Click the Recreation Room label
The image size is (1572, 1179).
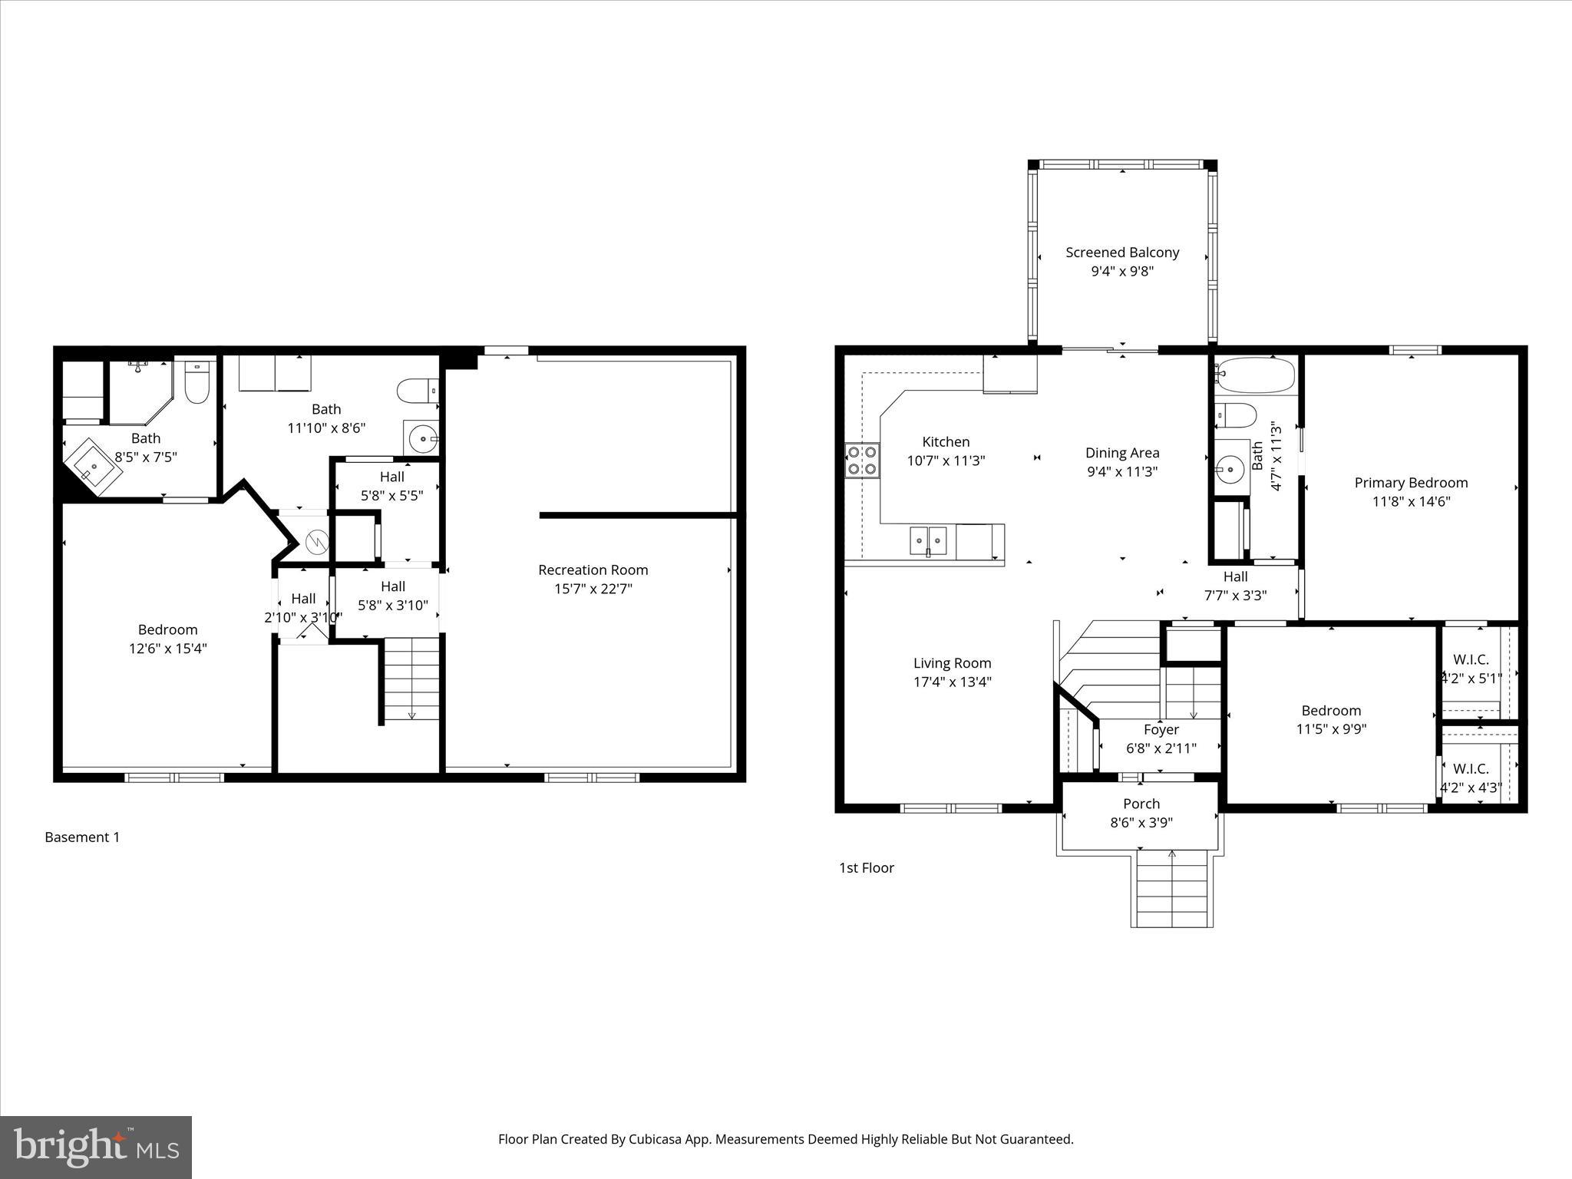[593, 570]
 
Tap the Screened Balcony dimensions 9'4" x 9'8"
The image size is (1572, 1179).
[1122, 271]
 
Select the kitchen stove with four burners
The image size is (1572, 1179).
[862, 461]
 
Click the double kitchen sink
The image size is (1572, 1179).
[928, 540]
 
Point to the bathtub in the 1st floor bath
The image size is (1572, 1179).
[1256, 375]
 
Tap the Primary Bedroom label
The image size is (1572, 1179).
[1411, 483]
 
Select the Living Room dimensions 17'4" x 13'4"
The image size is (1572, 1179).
[952, 682]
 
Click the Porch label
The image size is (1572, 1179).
[1141, 804]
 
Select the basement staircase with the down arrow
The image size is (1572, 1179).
[412, 679]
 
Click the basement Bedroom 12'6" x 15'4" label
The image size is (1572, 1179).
[167, 629]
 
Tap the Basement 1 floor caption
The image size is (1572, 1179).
[82, 837]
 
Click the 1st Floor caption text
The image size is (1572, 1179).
[866, 868]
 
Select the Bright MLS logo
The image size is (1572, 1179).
[96, 1147]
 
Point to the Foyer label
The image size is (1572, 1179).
[1161, 730]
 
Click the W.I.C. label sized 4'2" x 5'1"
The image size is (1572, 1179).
[1471, 660]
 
